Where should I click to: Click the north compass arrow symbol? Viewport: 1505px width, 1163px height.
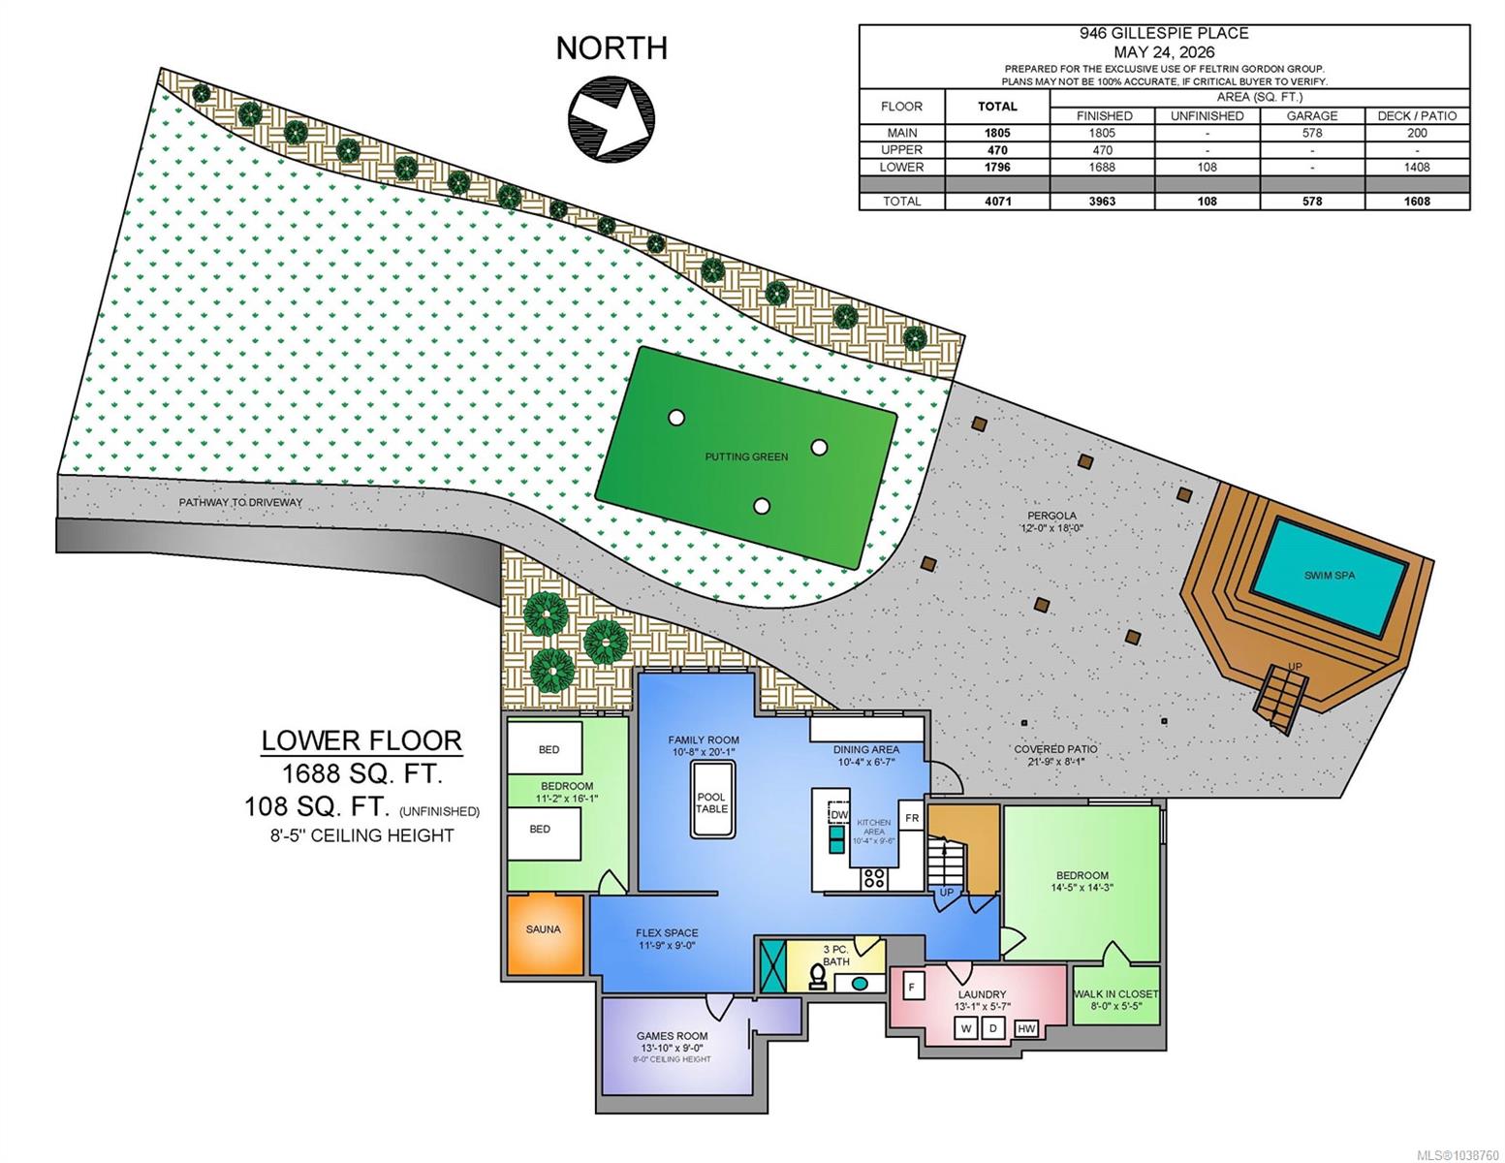(611, 118)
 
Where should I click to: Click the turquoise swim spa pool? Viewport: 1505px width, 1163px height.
(1330, 579)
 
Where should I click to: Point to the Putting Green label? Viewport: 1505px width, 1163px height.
(746, 457)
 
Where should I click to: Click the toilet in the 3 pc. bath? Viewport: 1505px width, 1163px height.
(818, 977)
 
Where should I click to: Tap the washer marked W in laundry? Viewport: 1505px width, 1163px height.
(966, 1028)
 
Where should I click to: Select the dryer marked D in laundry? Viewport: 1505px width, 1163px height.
(992, 1028)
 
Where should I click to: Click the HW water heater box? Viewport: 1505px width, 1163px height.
(1026, 1029)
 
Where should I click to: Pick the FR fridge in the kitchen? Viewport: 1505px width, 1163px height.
(912, 818)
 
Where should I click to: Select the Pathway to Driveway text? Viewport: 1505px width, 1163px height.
(241, 503)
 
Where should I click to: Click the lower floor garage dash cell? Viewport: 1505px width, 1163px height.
(1312, 167)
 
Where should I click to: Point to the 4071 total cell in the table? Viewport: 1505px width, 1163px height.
(997, 201)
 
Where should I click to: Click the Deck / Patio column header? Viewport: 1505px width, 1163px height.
(1417, 115)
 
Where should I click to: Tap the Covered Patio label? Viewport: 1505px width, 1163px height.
(1055, 749)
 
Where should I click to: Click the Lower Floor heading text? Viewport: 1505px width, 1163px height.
(361, 740)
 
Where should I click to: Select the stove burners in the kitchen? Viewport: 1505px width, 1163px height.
(874, 878)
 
